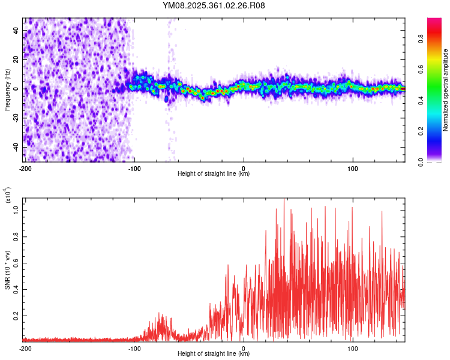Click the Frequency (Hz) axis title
(7, 89)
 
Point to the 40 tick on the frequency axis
(16, 31)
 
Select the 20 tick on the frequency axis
(16, 60)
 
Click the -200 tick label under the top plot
(25, 168)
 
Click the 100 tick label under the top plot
(353, 168)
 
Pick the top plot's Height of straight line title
(214, 174)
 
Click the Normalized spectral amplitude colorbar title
(446, 90)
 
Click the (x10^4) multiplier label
(7, 196)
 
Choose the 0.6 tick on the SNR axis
(16, 263)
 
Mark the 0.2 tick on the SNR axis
(16, 314)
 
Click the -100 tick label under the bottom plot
(134, 348)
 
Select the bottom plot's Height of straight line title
(214, 354)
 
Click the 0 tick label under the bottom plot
(244, 348)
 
